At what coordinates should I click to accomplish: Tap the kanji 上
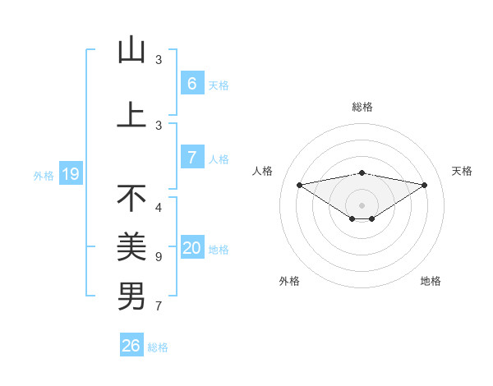(131, 115)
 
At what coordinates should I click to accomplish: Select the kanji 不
(131, 198)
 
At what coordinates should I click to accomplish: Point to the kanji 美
(131, 246)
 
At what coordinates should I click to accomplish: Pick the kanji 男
(131, 296)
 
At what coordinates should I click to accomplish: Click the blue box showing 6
(191, 83)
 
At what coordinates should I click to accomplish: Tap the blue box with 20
(192, 249)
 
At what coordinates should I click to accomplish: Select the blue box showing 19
(70, 174)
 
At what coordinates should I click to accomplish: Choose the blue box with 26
(131, 346)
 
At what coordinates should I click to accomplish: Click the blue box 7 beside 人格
(191, 158)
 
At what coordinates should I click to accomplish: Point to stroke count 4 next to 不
(159, 208)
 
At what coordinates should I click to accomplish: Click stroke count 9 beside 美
(159, 257)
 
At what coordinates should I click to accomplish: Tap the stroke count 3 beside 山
(159, 60)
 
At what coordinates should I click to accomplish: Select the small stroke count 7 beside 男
(159, 307)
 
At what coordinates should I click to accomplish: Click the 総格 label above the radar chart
(362, 107)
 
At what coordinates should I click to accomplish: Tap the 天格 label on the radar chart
(462, 171)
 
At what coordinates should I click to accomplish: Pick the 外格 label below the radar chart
(289, 281)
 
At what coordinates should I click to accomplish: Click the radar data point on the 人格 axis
(299, 184)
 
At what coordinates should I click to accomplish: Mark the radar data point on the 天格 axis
(425, 185)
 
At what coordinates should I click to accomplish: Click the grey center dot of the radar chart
(362, 204)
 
